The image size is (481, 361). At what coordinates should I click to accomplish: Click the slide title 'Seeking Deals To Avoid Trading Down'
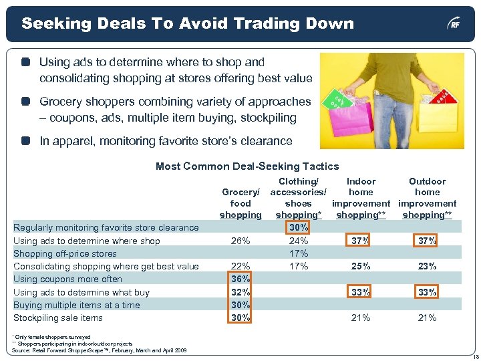pyautogui.click(x=188, y=24)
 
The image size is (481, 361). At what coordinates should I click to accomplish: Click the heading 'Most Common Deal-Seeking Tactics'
pyautogui.click(x=247, y=166)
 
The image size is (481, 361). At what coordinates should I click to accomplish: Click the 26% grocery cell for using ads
pyautogui.click(x=240, y=241)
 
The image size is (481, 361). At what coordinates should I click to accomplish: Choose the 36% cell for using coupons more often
pyautogui.click(x=240, y=279)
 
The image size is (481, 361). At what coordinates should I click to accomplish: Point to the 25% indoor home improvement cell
pyautogui.click(x=361, y=266)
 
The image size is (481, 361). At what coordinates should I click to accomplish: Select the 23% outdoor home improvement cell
pyautogui.click(x=428, y=266)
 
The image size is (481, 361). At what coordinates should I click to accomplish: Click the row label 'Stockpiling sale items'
pyautogui.click(x=58, y=318)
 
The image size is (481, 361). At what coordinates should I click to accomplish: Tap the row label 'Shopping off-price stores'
pyautogui.click(x=65, y=253)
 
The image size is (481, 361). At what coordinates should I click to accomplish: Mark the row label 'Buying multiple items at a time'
pyautogui.click(x=77, y=305)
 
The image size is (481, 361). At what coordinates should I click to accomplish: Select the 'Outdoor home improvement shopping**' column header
pyautogui.click(x=428, y=198)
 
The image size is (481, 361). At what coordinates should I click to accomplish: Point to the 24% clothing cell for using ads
pyautogui.click(x=298, y=241)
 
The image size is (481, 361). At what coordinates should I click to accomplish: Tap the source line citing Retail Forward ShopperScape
pyautogui.click(x=100, y=350)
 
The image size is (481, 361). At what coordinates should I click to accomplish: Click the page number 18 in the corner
pyautogui.click(x=472, y=356)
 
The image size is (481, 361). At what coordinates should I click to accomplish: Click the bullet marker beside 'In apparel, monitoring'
pyautogui.click(x=25, y=141)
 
